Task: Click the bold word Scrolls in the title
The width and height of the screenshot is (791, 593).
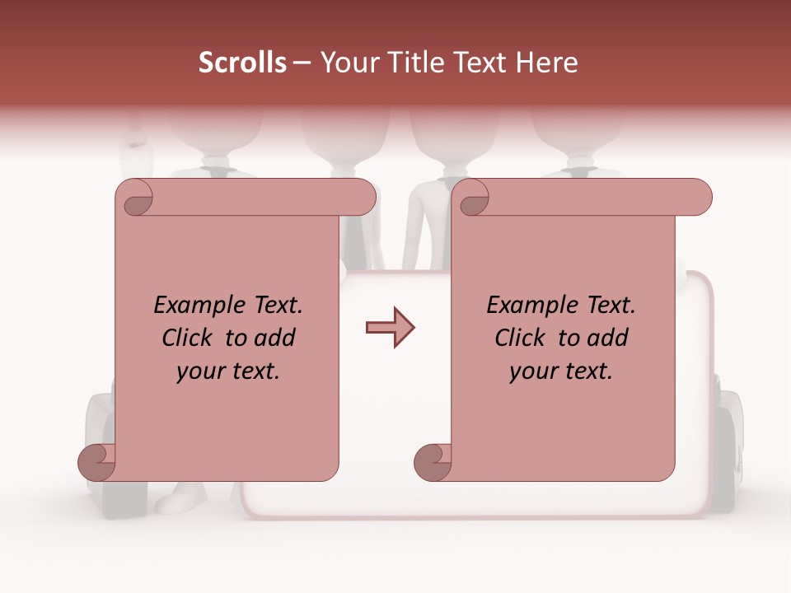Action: tap(242, 63)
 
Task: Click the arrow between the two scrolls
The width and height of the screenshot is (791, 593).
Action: tap(391, 328)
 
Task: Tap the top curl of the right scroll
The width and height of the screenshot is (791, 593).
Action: tap(473, 198)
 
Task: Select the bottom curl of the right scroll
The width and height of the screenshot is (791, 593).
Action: tap(433, 462)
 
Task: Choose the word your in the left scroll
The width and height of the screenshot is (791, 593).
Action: tap(200, 371)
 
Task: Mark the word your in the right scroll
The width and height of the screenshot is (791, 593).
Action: tap(533, 371)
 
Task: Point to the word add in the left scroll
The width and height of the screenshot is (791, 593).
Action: tap(275, 339)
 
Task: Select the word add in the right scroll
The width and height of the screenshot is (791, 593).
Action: tap(608, 339)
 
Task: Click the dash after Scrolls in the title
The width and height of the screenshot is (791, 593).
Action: tap(302, 63)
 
